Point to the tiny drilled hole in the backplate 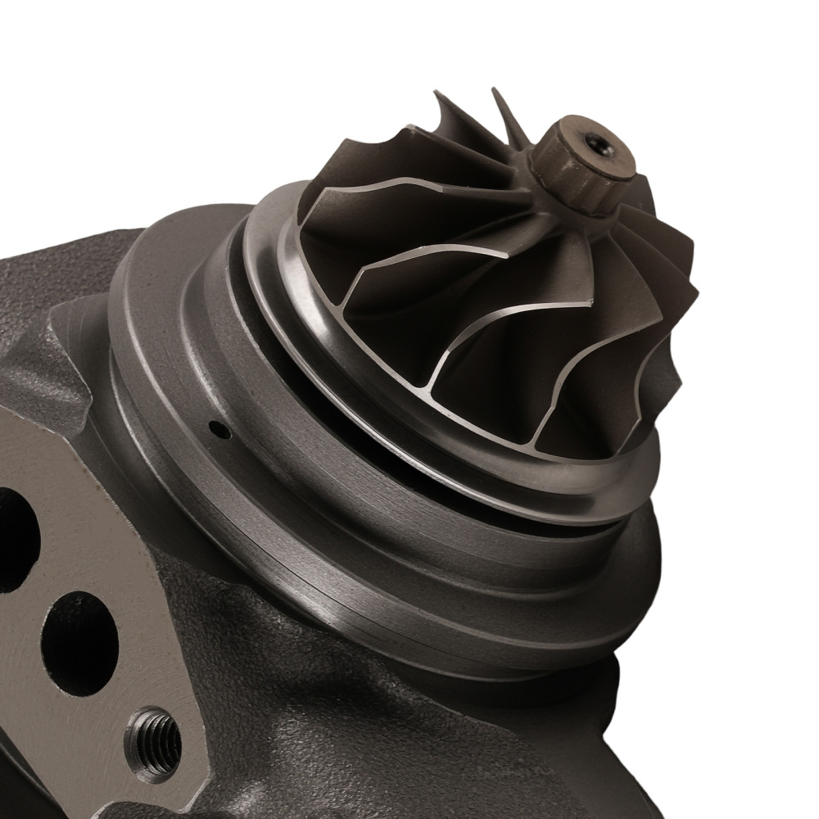click(x=218, y=428)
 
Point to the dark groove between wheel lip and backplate click(x=426, y=475)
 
